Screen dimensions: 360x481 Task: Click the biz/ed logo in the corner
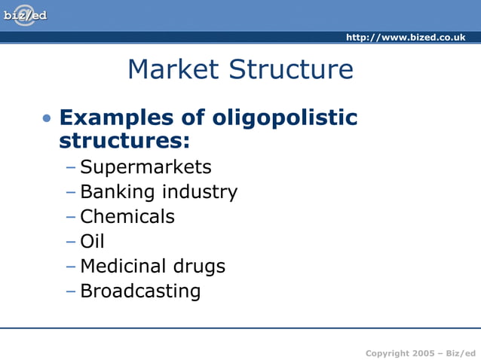[x=24, y=15]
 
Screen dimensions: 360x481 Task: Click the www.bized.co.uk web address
[x=406, y=38]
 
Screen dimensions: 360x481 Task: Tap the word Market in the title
[x=174, y=69]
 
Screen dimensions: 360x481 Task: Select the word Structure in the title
[x=291, y=69]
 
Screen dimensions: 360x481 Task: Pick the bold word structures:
[x=124, y=141]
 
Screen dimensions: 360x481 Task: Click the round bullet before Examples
[x=47, y=119]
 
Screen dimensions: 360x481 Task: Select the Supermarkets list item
[x=146, y=167]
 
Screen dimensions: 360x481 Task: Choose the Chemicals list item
[x=127, y=217]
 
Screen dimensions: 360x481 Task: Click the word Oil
[x=92, y=241]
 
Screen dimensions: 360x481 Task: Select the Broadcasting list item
[x=140, y=291]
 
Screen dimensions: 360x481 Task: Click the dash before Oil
[x=71, y=242]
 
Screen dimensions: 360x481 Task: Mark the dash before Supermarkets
[x=71, y=168]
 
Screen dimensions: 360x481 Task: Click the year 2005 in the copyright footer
[x=422, y=353]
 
